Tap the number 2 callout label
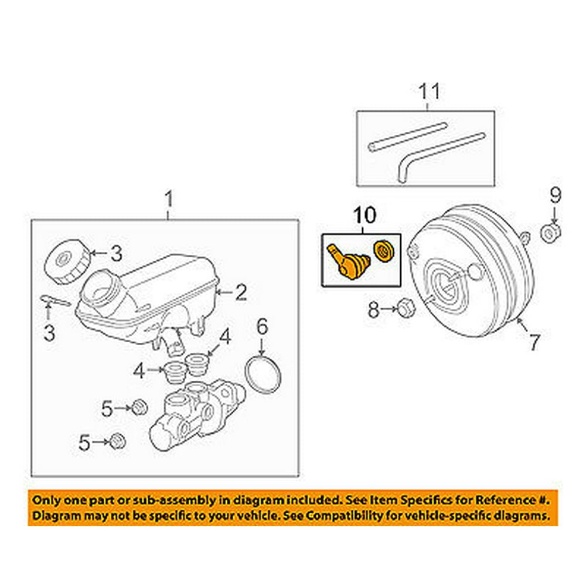pos(241,292)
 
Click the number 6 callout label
pos(261,323)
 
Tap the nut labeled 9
pos(551,233)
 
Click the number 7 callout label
pos(533,342)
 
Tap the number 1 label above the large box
pos(168,201)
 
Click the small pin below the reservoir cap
pos(56,301)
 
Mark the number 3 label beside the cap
pos(116,253)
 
